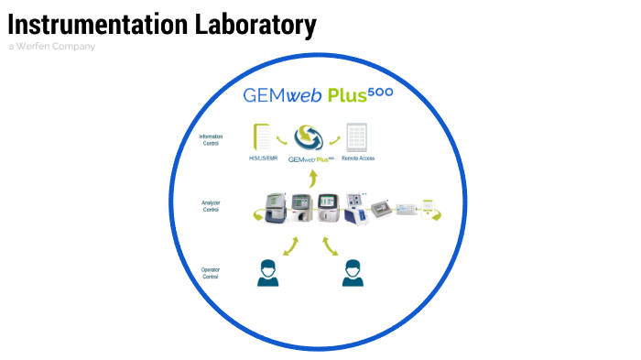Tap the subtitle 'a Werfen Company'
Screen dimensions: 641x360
coord(51,46)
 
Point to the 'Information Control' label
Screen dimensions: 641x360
coord(211,139)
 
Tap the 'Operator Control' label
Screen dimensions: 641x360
coord(211,272)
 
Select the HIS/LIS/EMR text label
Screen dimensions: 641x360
coord(264,158)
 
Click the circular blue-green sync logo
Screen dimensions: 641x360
coord(309,138)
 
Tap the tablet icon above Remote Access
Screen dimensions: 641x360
coord(356,138)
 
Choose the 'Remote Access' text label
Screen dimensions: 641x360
coord(357,158)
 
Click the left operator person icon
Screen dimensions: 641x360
coord(267,272)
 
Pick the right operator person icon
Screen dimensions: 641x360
coord(350,272)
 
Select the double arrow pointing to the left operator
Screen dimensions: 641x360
coord(292,245)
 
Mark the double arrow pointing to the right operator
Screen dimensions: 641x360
coord(330,245)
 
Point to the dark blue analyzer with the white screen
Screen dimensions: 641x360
coord(355,208)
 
